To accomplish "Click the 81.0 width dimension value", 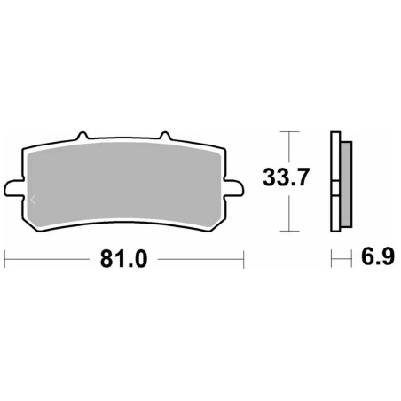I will [x=123, y=260].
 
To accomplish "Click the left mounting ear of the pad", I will [x=12, y=188].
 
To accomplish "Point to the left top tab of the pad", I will [x=83, y=138].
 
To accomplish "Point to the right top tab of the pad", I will [x=164, y=138].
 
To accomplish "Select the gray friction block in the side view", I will [x=344, y=182].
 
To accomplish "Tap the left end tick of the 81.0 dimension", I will [x=5, y=260].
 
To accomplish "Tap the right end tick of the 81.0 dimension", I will [x=243, y=260].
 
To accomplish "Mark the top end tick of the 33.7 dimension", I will [x=285, y=132].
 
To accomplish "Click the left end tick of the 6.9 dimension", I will [x=332, y=260].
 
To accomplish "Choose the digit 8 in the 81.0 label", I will [x=104, y=260].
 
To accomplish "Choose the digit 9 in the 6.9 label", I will [x=381, y=260].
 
